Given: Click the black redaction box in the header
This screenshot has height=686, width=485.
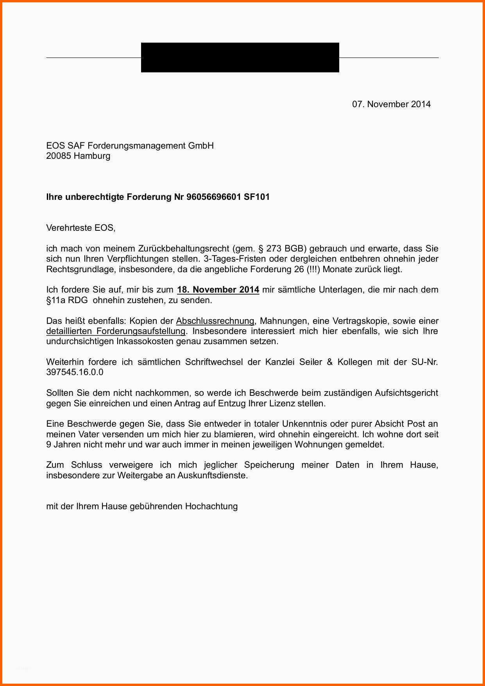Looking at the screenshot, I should point(240,57).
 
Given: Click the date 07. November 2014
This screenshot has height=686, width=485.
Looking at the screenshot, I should point(391,104).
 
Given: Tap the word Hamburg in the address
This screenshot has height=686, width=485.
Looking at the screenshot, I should point(92,156).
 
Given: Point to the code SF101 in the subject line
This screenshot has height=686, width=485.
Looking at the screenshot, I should point(257,197).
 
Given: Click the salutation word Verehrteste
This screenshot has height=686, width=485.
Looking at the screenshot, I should point(69,228).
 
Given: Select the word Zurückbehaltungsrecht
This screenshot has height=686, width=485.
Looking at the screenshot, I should point(183,249).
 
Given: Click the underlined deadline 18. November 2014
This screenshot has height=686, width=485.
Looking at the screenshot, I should point(218,290).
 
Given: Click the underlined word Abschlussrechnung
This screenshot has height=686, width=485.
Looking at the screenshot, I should point(215,321).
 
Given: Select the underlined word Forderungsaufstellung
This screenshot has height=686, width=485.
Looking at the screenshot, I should point(141,331).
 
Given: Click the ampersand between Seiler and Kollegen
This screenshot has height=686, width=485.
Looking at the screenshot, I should point(329,362).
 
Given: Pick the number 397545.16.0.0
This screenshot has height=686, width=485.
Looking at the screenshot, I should point(75,372).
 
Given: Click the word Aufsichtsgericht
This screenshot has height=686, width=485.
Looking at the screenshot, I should point(406,393).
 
